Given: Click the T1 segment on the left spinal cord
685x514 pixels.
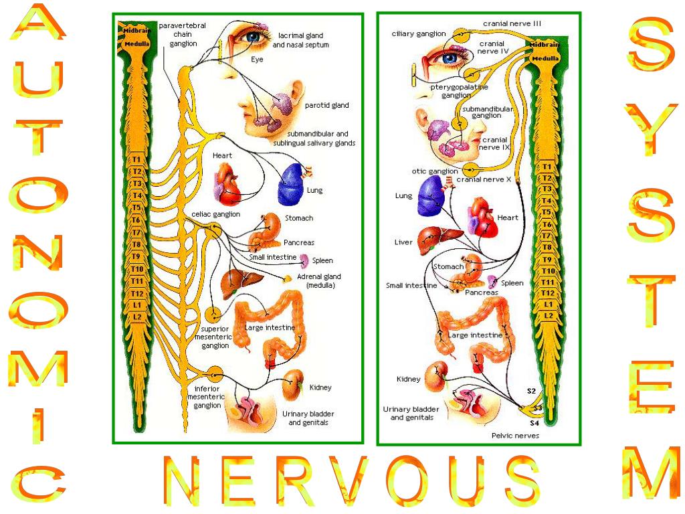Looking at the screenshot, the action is (x=136, y=160).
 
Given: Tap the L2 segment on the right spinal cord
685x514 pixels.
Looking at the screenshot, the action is (x=547, y=315).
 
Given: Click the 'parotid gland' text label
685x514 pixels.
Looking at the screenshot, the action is (x=326, y=106).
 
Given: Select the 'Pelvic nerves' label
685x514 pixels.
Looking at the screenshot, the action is (x=515, y=436).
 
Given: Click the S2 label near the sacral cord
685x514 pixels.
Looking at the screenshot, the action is (x=531, y=390).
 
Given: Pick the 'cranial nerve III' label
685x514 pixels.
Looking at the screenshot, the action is (x=512, y=23).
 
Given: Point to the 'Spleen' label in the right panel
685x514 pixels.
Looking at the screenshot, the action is (x=512, y=283).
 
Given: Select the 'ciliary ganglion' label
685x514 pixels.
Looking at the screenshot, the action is (x=419, y=33).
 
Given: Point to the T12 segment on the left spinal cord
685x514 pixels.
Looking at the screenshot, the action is (x=137, y=293).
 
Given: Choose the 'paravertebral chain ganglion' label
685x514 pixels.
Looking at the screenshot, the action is (x=183, y=34).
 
